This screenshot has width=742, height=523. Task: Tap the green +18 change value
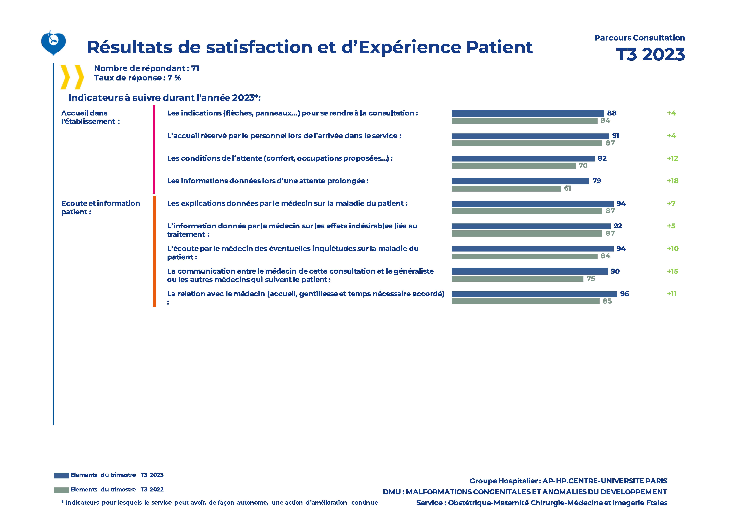(x=673, y=181)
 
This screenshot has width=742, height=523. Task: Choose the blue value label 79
(x=597, y=181)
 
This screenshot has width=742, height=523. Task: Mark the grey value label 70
(x=583, y=166)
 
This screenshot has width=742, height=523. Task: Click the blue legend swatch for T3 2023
(x=61, y=476)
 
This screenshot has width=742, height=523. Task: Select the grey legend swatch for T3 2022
(x=61, y=490)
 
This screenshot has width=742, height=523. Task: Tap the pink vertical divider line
(x=154, y=149)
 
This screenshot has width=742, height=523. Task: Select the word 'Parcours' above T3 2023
(x=613, y=38)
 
